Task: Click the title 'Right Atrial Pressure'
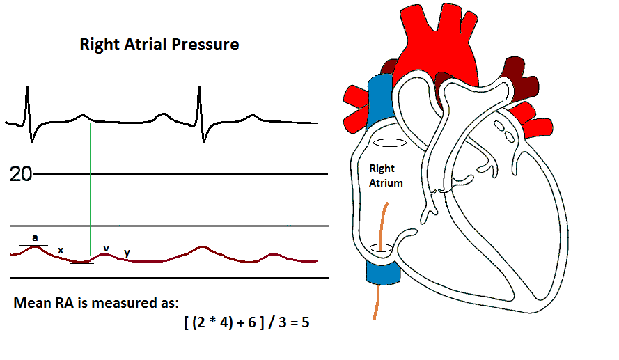pyautogui.click(x=159, y=45)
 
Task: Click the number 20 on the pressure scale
pyautogui.click(x=22, y=174)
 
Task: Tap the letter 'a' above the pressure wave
pyautogui.click(x=35, y=237)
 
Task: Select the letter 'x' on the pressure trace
pyautogui.click(x=61, y=250)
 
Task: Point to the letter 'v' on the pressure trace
pyautogui.click(x=106, y=247)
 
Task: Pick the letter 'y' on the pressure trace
pyautogui.click(x=126, y=252)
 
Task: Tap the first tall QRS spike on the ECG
pyautogui.click(x=27, y=101)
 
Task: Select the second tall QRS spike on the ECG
pyautogui.click(x=199, y=101)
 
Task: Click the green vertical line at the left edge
pyautogui.click(x=10, y=188)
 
